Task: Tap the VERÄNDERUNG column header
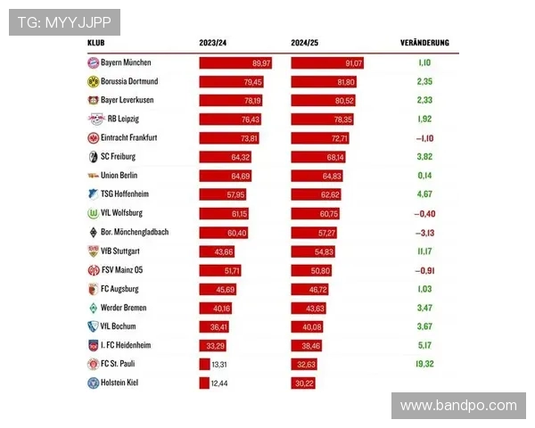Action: click(x=424, y=43)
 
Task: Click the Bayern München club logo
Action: click(x=93, y=63)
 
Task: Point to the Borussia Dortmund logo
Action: click(x=93, y=82)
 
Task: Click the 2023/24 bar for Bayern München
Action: click(x=236, y=63)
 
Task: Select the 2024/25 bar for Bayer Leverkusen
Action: click(x=324, y=101)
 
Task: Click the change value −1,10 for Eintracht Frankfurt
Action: click(x=424, y=138)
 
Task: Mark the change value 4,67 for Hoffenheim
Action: click(x=424, y=194)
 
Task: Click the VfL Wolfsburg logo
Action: click(x=93, y=214)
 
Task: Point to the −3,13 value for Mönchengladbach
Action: click(x=424, y=233)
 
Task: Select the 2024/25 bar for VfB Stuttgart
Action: click(x=313, y=251)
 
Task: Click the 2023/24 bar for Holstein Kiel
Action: click(x=203, y=383)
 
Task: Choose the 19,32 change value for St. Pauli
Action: click(x=424, y=364)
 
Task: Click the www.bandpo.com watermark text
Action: click(x=458, y=406)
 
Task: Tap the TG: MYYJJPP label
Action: click(x=64, y=22)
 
